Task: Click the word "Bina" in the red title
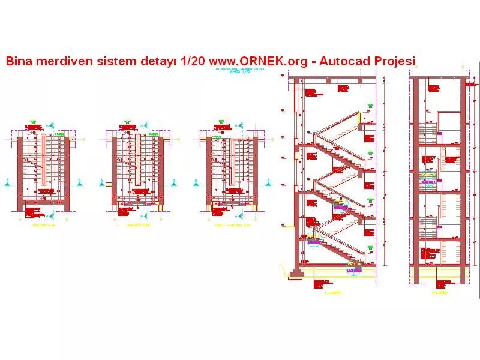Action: [19, 61]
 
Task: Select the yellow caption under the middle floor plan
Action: [136, 226]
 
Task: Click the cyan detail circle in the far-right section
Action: [429, 179]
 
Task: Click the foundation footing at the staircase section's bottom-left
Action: [295, 274]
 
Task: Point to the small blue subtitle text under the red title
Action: [240, 71]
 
